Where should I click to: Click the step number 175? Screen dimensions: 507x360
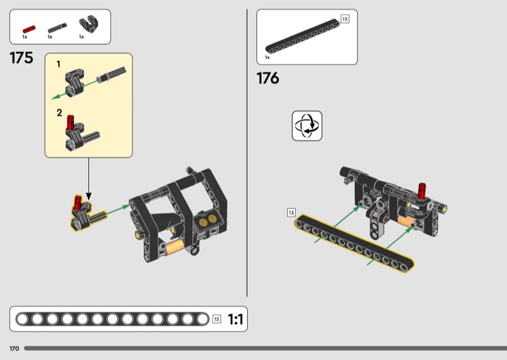(x=22, y=58)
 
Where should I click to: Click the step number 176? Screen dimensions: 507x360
(x=267, y=79)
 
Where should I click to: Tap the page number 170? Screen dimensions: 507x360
(x=14, y=349)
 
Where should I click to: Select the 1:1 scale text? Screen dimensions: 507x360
(x=235, y=319)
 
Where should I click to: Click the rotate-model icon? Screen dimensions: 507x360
(x=307, y=126)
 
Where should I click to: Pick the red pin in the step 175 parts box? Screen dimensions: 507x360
(x=29, y=29)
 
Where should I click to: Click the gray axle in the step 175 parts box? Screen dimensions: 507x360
(x=57, y=28)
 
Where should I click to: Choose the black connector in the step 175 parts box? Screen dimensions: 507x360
(x=89, y=25)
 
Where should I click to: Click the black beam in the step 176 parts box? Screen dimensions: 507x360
(x=303, y=36)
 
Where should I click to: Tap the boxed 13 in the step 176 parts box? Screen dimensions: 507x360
(x=345, y=19)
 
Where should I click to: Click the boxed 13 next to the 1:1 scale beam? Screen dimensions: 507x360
(x=217, y=319)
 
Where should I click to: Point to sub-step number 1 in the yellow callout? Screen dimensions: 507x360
(x=58, y=65)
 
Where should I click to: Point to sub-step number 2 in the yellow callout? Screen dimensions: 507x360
(x=59, y=113)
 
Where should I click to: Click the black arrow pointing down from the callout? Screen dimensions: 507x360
(x=89, y=179)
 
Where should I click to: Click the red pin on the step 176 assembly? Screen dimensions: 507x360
(x=422, y=191)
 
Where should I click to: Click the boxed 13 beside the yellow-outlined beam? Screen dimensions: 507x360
(x=292, y=212)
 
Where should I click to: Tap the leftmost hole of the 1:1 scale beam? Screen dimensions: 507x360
(x=22, y=319)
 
